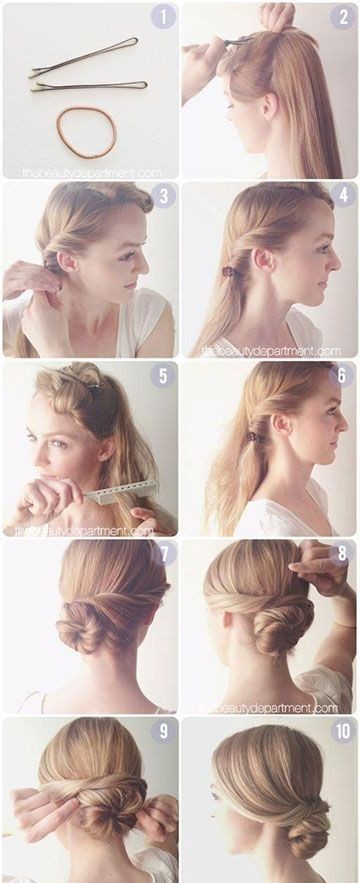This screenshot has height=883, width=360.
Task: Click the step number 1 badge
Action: coord(163,17)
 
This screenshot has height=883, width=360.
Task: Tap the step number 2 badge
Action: coord(343,17)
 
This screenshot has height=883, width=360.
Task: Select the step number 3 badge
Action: coord(163,195)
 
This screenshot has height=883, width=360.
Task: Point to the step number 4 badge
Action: coord(343,195)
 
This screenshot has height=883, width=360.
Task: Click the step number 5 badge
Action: coord(164,376)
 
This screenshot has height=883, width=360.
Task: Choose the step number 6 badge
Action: coord(343,376)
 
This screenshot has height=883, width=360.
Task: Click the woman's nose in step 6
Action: coord(343,431)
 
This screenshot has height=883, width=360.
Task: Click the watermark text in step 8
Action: coord(271,708)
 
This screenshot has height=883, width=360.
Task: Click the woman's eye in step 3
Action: coord(127,254)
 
